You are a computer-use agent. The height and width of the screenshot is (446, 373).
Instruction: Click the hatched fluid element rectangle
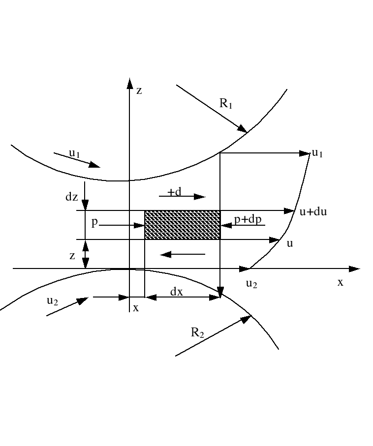tap(182, 225)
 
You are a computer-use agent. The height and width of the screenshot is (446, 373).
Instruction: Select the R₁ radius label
tap(226, 104)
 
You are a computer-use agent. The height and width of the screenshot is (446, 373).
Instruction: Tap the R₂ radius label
tap(197, 332)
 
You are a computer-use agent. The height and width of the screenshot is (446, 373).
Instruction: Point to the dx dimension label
tap(176, 291)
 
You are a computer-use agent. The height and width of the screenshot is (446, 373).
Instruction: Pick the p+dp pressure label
tap(247, 219)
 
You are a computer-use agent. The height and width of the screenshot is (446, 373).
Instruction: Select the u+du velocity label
tap(313, 212)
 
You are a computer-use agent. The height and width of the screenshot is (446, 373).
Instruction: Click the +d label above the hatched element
tap(174, 192)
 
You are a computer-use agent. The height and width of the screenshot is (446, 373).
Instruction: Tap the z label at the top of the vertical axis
tap(139, 90)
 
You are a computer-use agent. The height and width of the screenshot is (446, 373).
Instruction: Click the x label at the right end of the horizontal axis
tap(340, 282)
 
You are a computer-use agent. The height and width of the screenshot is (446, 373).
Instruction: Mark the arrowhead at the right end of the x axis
tap(355, 269)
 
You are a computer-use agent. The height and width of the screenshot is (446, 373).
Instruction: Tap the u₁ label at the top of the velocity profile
tap(317, 153)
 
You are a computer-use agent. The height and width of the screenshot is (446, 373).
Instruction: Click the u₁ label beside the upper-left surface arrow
tap(75, 153)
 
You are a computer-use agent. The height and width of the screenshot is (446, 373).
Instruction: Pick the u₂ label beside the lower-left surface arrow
tap(52, 301)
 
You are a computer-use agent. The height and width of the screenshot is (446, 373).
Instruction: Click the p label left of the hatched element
tap(94, 222)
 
